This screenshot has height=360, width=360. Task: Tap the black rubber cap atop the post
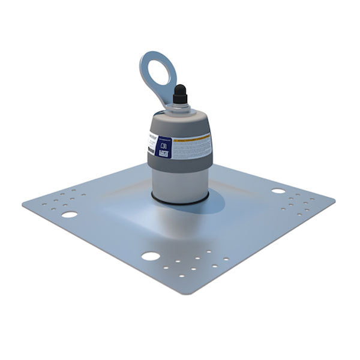point(179,95)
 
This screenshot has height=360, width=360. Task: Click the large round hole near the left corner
point(70,214)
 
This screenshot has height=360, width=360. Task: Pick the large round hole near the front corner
point(150,256)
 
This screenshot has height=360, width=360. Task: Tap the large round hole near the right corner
point(278,191)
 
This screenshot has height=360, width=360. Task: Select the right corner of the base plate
point(334,196)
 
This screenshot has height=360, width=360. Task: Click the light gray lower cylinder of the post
point(181,183)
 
